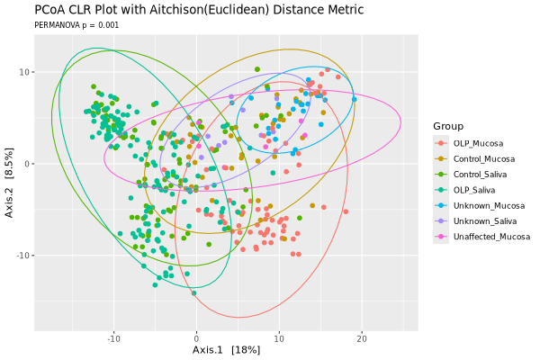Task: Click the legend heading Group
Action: (x=447, y=125)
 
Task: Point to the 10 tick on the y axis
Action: (x=27, y=72)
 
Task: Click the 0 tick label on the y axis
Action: (x=30, y=164)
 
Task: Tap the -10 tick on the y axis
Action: (x=25, y=256)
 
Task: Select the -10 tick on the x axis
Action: (x=113, y=337)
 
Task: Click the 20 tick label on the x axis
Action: (x=362, y=337)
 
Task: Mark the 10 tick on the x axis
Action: (x=279, y=337)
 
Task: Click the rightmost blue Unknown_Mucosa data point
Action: (x=355, y=99)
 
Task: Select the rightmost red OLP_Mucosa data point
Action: (x=346, y=212)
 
